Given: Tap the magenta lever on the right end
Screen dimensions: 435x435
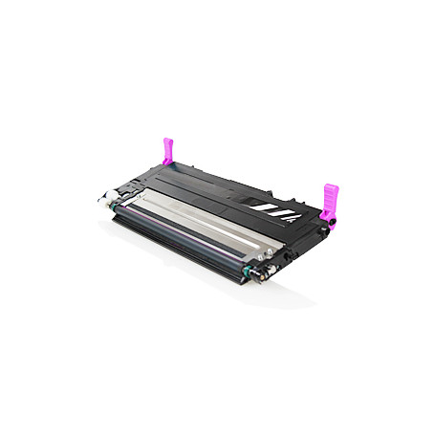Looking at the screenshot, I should (331, 203).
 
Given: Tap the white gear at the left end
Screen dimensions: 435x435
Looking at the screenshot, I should (101, 204).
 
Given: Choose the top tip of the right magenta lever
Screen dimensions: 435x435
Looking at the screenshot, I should (331, 186).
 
